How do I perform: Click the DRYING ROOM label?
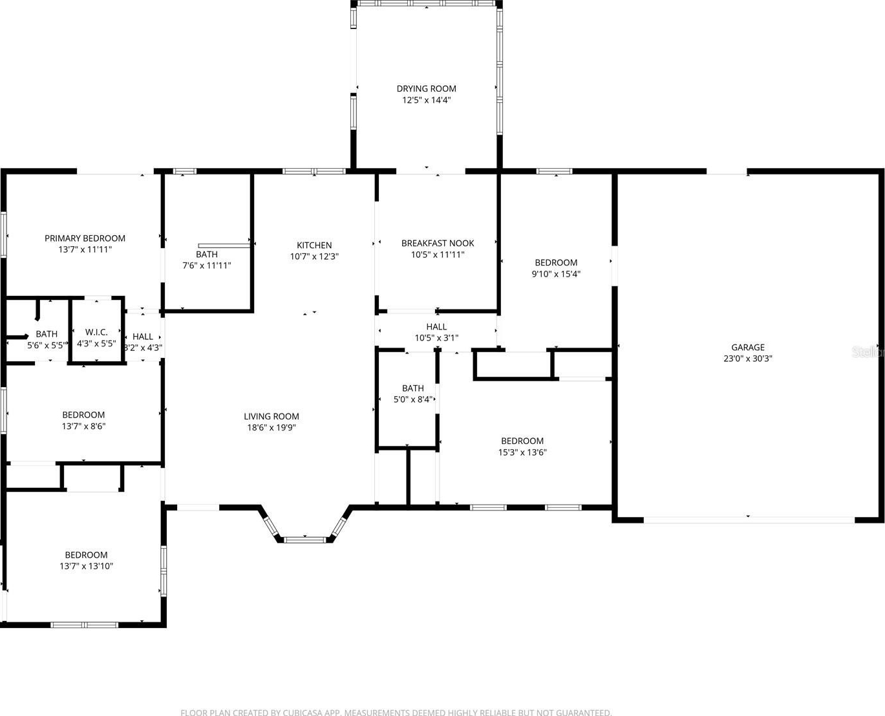426,89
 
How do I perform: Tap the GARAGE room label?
748,347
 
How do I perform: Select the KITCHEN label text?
314,245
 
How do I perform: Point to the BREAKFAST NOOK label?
438,243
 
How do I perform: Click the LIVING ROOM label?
272,416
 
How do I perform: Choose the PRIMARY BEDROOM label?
85,238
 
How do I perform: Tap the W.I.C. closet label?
96,332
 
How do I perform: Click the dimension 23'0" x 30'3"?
748,359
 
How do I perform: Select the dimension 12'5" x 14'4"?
426,100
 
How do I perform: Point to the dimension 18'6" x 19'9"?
272,427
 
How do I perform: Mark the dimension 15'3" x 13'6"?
522,452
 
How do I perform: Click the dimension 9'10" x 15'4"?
556,274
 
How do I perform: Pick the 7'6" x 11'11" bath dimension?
207,266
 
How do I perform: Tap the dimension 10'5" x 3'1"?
436,338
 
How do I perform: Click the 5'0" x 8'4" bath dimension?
413,399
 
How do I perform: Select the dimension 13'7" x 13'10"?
86,566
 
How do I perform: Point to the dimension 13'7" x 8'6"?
83,426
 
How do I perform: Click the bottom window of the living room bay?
304,540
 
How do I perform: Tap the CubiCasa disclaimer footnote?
396,712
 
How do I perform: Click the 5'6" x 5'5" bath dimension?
47,345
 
